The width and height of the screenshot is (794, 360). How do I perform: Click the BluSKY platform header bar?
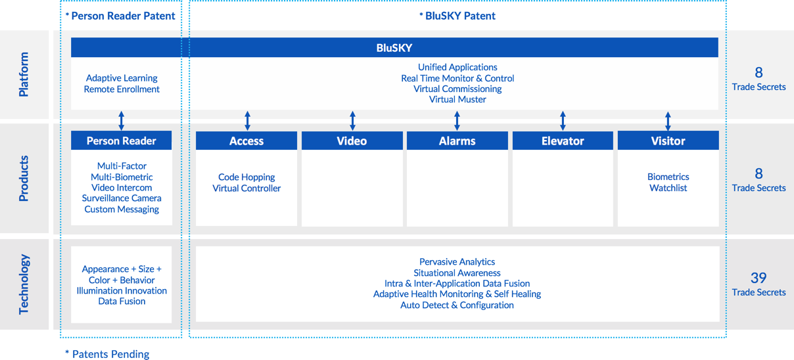click(x=394, y=47)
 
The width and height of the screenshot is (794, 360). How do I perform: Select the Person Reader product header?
click(x=122, y=141)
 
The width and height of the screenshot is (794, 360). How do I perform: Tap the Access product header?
click(x=246, y=141)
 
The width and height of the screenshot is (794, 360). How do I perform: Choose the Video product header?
click(x=352, y=141)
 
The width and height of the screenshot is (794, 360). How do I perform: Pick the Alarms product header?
click(x=457, y=141)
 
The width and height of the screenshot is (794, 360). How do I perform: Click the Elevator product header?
click(x=563, y=141)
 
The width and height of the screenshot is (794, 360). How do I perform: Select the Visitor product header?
click(x=668, y=141)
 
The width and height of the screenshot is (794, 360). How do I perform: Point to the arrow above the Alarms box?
click(x=457, y=121)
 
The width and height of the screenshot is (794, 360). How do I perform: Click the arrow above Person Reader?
click(x=122, y=121)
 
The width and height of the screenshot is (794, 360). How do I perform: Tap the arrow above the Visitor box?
click(x=668, y=121)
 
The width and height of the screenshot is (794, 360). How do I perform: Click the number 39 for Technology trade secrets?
click(x=759, y=278)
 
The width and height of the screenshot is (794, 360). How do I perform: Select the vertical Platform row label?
click(x=24, y=74)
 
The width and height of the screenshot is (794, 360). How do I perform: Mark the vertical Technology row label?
click(x=24, y=284)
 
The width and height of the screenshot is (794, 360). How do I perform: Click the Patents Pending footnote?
click(x=107, y=354)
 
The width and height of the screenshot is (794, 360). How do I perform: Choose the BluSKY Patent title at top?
click(x=457, y=16)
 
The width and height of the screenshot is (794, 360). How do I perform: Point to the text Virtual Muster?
click(x=457, y=99)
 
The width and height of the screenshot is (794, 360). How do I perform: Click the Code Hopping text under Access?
click(x=246, y=177)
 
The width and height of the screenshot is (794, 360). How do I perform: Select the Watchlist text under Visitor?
click(x=668, y=188)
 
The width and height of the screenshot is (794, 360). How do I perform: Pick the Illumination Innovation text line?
click(x=122, y=290)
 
